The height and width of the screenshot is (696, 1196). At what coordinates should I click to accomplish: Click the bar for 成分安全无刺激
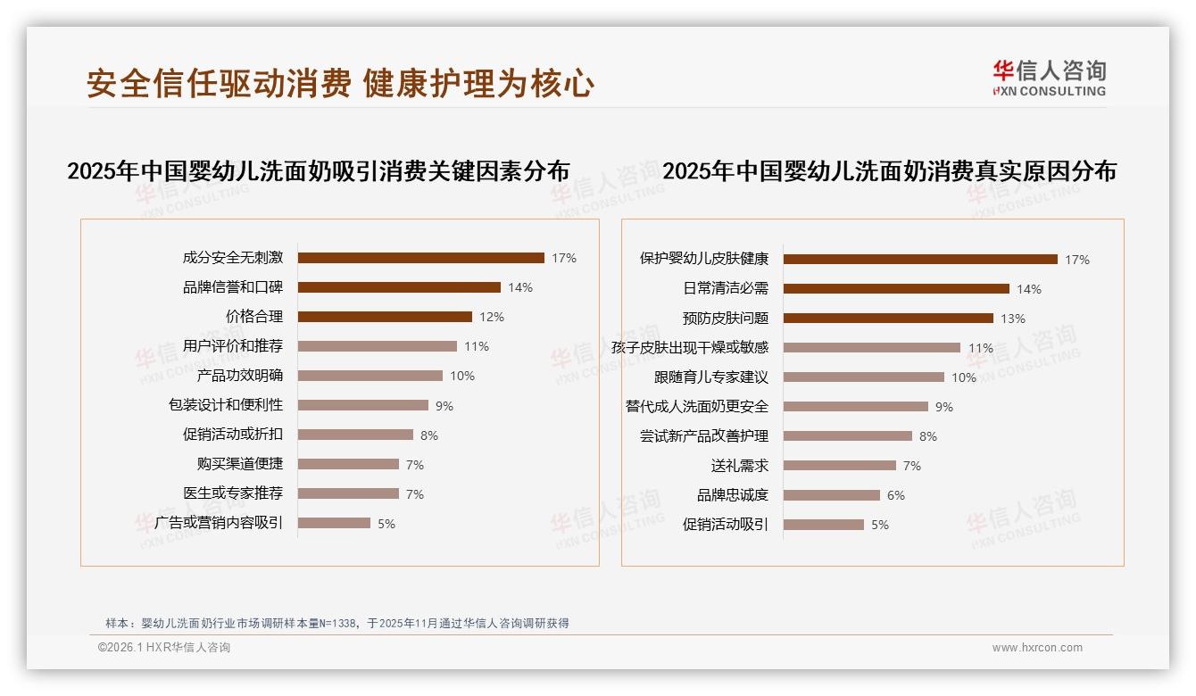(420, 258)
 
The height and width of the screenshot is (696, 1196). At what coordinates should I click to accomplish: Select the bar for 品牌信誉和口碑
(399, 287)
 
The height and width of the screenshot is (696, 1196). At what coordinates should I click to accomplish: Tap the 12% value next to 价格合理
(492, 317)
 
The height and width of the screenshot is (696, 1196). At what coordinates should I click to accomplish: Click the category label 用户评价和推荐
(232, 346)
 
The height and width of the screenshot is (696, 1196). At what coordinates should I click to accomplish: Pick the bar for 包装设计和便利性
(362, 405)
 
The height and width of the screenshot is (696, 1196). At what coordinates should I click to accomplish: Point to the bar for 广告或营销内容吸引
(334, 523)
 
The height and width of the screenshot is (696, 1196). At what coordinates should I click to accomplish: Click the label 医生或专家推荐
(232, 493)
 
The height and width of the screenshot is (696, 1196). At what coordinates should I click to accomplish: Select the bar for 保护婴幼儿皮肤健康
(920, 260)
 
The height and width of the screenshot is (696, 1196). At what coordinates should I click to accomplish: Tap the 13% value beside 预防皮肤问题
(1013, 319)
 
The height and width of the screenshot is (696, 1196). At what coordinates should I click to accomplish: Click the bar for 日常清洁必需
(896, 289)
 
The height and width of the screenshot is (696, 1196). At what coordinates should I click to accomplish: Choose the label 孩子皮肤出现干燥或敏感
(689, 348)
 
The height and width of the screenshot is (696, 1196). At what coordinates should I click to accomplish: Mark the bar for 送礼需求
(840, 466)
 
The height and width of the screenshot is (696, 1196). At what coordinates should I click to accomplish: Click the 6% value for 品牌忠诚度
(896, 495)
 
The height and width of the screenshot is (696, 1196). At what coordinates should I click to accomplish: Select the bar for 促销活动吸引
(824, 525)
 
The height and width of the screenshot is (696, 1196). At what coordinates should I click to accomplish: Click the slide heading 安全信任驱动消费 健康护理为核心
(340, 84)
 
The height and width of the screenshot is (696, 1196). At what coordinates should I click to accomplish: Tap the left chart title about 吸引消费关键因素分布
(318, 171)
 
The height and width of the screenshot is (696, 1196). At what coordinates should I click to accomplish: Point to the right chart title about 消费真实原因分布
(889, 171)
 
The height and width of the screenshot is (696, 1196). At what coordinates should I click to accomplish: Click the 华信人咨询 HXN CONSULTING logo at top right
(1049, 79)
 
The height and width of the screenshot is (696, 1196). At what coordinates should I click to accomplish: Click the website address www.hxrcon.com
(1037, 648)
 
